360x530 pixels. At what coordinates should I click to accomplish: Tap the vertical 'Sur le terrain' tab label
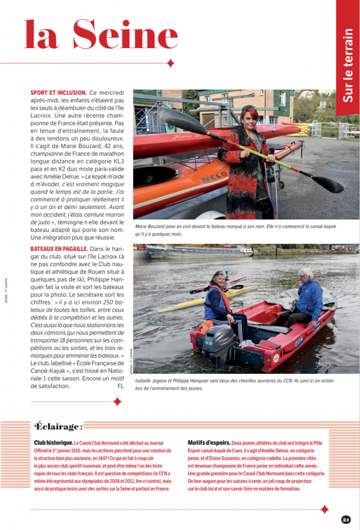(348, 65)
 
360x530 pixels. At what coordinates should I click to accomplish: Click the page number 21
(346, 519)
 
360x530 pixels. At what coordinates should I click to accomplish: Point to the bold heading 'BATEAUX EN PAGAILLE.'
(58, 249)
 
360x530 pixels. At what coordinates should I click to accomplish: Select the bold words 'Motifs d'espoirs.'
(209, 443)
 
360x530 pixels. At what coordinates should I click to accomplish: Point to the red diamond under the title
(171, 63)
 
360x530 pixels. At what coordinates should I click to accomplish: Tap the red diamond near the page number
(324, 509)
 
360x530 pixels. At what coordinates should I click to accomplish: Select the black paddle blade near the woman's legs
(327, 184)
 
